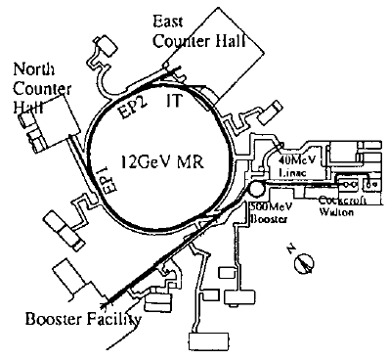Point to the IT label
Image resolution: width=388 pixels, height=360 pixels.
tap(176, 101)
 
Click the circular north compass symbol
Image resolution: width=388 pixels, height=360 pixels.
tap(306, 262)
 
